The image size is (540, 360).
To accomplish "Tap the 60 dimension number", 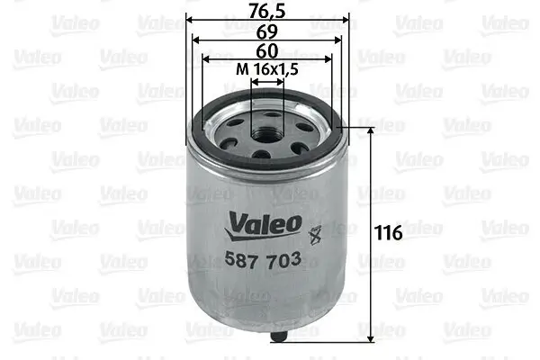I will click(267, 51).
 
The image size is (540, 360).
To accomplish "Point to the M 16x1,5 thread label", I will click(267, 70).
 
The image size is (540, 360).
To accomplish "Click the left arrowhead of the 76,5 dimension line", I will click(191, 22).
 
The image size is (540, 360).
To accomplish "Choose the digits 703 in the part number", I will click(283, 259).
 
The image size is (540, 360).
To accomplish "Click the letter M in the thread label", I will click(239, 70).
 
